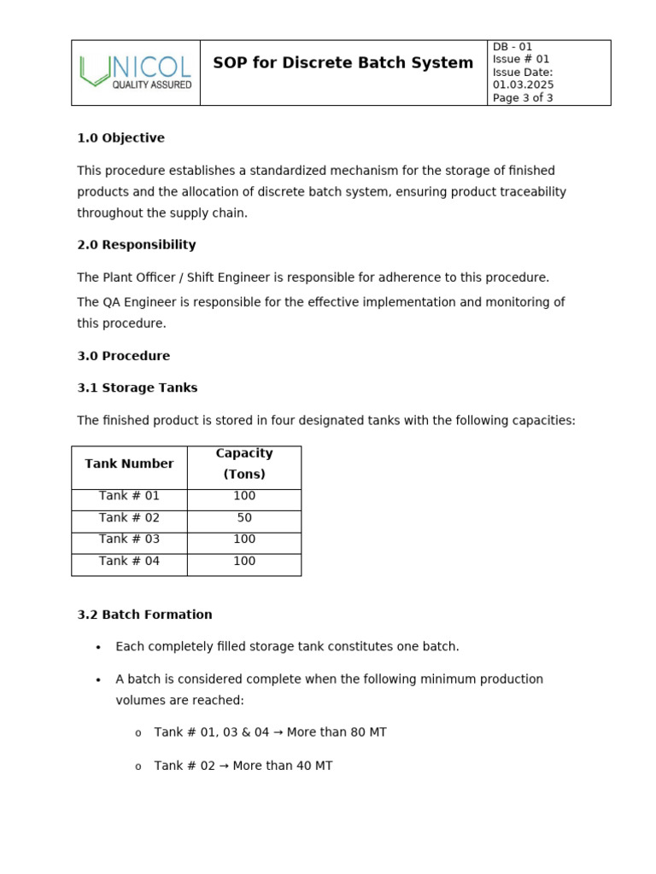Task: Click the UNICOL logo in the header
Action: click(x=135, y=73)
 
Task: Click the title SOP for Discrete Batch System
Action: click(x=343, y=63)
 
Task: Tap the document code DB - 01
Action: click(x=512, y=47)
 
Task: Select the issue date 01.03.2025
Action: click(x=523, y=84)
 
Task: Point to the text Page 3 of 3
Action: click(x=523, y=98)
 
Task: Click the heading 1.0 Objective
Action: click(x=120, y=138)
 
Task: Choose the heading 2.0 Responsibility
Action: click(x=136, y=245)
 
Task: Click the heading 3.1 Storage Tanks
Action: click(x=137, y=387)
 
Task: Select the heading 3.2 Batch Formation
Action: click(x=144, y=615)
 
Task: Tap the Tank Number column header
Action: click(x=129, y=463)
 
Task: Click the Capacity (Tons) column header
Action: click(x=244, y=463)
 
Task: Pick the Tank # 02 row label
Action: click(x=129, y=518)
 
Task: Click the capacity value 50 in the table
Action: click(x=244, y=518)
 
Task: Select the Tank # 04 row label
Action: click(x=129, y=562)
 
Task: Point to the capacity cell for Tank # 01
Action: click(x=244, y=496)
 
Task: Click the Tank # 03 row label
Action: click(x=129, y=539)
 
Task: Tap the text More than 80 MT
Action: click(x=337, y=732)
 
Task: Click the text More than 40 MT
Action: click(x=282, y=766)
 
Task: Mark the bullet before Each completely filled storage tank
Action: click(x=98, y=648)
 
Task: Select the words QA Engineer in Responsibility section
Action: click(x=133, y=302)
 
